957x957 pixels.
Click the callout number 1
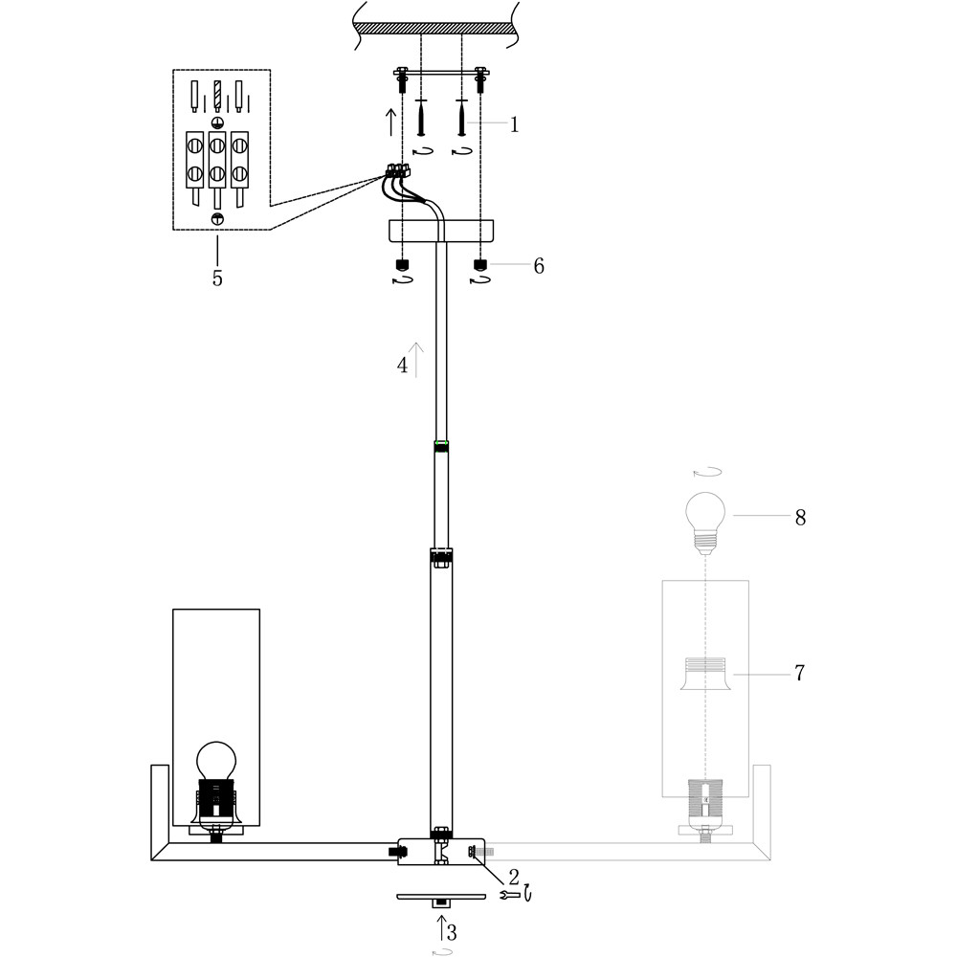(514, 123)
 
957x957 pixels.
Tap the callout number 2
(513, 877)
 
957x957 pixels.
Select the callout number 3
(452, 932)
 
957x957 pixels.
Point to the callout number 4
(402, 365)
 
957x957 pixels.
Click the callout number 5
(217, 278)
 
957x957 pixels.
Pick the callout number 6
(538, 265)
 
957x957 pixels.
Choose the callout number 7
(799, 673)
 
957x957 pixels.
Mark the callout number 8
(800, 517)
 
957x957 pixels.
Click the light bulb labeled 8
(705, 523)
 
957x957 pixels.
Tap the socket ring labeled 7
(705, 674)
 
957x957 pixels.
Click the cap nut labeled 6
(480, 265)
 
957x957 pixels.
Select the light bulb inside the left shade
(216, 761)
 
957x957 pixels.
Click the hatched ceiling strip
(435, 29)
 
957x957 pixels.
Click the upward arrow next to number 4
(416, 360)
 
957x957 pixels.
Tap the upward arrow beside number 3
(441, 927)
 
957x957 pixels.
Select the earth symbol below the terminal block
(217, 218)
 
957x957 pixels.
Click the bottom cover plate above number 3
(440, 898)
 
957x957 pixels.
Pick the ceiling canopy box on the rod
(440, 231)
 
